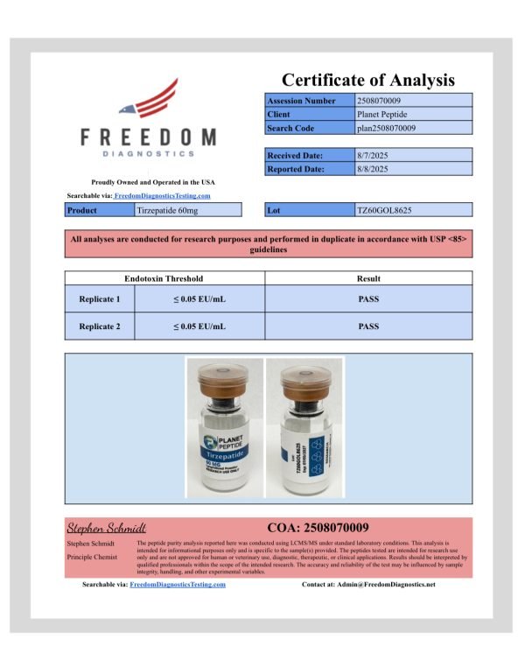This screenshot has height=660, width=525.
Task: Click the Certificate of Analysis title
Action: point(367,81)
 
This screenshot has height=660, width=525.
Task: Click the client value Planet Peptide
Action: point(382,115)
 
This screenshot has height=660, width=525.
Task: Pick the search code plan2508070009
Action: point(387,129)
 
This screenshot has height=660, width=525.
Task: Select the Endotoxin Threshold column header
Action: point(164,278)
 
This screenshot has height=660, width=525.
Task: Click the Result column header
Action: point(368,278)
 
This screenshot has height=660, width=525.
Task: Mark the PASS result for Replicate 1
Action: point(368,299)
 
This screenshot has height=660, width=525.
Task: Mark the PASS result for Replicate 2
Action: point(368,326)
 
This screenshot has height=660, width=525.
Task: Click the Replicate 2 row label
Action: point(100,326)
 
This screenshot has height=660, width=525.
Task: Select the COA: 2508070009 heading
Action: point(318,527)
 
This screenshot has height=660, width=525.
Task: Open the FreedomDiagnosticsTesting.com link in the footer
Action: point(178,584)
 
